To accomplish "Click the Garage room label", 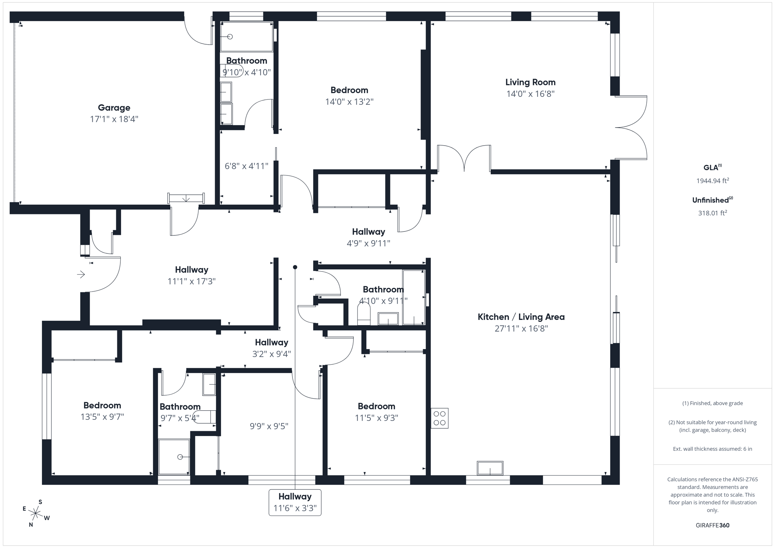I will coord(114,108).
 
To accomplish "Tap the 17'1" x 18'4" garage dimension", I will coord(114,119).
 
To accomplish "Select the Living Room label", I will coord(530,82).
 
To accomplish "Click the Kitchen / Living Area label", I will coord(521,317).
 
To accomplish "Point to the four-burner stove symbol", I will coord(439,418).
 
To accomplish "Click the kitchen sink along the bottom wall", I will coord(490,468).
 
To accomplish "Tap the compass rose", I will coord(36,513).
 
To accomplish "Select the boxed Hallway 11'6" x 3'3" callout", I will coord(295,502).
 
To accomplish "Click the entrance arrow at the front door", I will coord(81,274).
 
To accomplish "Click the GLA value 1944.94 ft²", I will coord(712,181).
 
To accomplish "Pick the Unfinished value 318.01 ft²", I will coord(712,213).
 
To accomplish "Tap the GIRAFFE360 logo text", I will coord(712,525).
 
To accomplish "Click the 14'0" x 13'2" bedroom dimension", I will coord(349,102).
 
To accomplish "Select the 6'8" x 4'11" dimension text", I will coord(246,166).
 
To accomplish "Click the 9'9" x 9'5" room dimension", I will coord(269,426).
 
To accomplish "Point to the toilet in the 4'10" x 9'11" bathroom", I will coord(364,315).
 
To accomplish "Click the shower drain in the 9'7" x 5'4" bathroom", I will coord(180,457).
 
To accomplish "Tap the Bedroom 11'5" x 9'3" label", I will coord(376,406).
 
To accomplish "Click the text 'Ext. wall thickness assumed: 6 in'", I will coord(712,449).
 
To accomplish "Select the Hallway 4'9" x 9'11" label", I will coord(368,231).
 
